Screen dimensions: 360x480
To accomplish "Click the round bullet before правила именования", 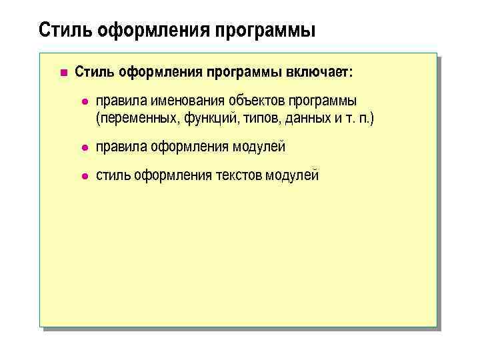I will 83,101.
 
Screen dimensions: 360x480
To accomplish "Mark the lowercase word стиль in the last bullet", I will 113,175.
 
